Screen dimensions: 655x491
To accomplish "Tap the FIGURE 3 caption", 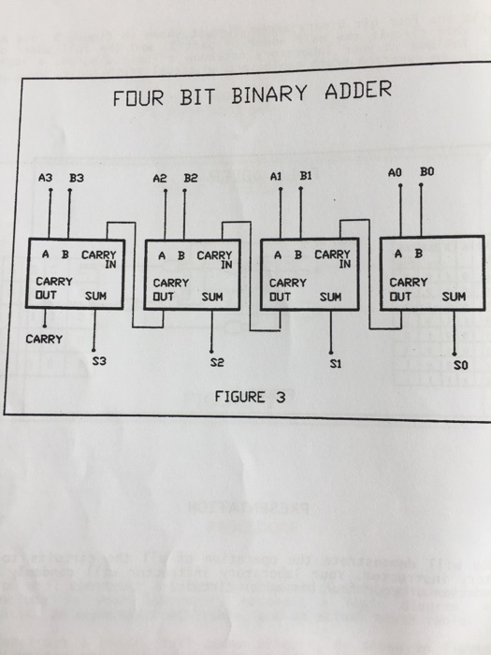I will click(x=250, y=396).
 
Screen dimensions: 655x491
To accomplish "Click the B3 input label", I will click(x=77, y=177).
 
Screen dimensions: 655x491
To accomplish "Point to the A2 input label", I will click(x=161, y=176).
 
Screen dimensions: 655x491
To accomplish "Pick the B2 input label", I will click(x=191, y=176).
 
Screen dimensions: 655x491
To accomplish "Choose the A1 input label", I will click(x=276, y=175).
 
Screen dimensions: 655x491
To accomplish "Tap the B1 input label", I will click(x=306, y=174).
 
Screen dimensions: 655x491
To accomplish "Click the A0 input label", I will click(x=397, y=173).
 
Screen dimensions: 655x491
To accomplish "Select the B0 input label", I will click(x=427, y=172).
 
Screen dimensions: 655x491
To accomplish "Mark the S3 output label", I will click(x=99, y=358).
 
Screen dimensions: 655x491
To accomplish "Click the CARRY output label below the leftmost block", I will click(x=43, y=339).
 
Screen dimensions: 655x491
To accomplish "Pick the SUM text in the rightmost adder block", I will click(x=454, y=296).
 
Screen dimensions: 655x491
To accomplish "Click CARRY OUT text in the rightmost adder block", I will click(x=408, y=288).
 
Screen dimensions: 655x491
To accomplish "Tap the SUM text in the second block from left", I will click(x=212, y=297).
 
